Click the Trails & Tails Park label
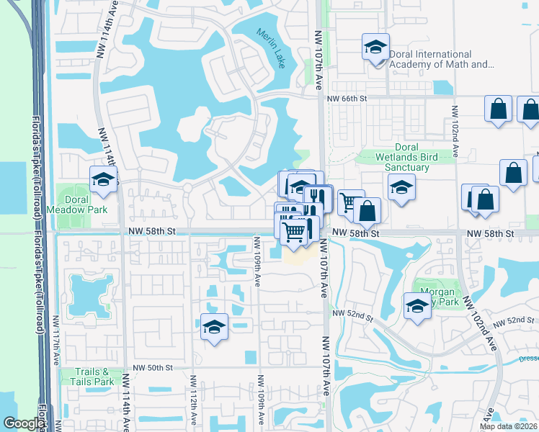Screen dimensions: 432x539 point(94,377)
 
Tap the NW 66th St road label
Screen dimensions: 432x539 point(347,98)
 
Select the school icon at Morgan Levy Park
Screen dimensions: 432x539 point(417,305)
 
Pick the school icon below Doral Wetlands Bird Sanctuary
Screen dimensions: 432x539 point(401,188)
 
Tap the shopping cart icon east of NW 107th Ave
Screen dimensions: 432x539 point(350,202)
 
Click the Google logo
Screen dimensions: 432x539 point(23,424)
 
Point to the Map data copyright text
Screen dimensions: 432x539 point(508,426)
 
